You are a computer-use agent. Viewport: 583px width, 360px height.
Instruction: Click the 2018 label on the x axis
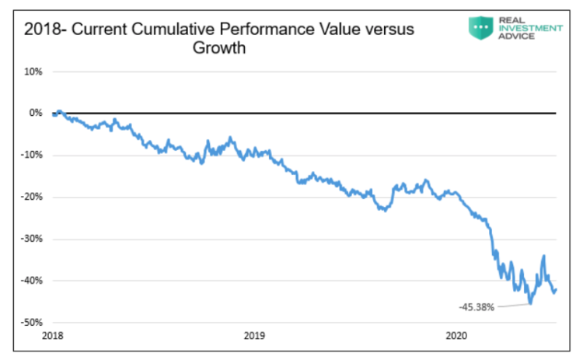53,336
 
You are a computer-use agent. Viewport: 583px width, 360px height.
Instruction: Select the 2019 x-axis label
253,336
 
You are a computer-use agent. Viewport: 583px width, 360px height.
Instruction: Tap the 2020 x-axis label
456,336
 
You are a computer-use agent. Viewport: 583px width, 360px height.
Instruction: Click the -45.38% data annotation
476,307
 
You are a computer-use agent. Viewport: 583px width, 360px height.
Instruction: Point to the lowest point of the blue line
529,303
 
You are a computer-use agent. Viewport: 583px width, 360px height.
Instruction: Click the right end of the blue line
556,290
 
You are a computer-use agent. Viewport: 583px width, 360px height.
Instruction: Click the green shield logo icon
480,28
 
